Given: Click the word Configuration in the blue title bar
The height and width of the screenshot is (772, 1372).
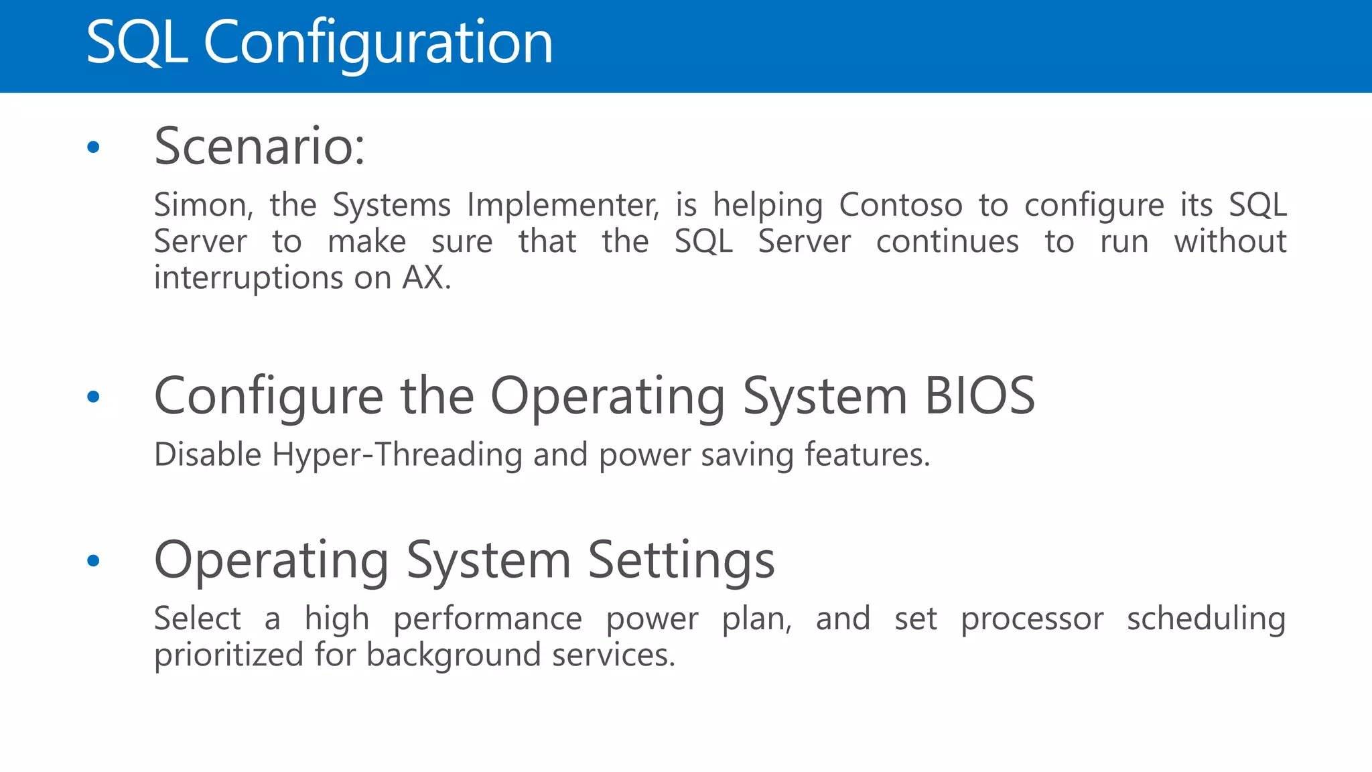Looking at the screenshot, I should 378,43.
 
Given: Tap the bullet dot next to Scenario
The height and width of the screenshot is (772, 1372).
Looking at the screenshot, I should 93,147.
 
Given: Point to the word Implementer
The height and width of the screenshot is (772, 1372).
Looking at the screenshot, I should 563,205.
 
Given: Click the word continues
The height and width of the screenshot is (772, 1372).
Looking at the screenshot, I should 947,241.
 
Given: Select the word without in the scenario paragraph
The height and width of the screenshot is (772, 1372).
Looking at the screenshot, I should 1230,241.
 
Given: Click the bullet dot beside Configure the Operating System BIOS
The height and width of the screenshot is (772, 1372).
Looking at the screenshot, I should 93,397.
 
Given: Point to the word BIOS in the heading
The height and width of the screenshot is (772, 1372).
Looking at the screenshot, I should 979,396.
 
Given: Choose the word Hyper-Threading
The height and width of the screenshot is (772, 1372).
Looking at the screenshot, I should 397,455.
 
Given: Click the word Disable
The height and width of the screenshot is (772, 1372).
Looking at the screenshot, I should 208,455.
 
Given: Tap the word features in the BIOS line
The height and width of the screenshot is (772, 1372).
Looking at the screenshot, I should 866,455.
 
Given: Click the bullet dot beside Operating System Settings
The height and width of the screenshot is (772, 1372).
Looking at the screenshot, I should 93,560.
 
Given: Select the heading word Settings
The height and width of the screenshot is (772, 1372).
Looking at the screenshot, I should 681,560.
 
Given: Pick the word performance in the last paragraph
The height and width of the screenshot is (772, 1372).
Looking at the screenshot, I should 487,619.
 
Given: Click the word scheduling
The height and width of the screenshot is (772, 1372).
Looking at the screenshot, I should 1206,619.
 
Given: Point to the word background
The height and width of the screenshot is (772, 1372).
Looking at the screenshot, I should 453,655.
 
